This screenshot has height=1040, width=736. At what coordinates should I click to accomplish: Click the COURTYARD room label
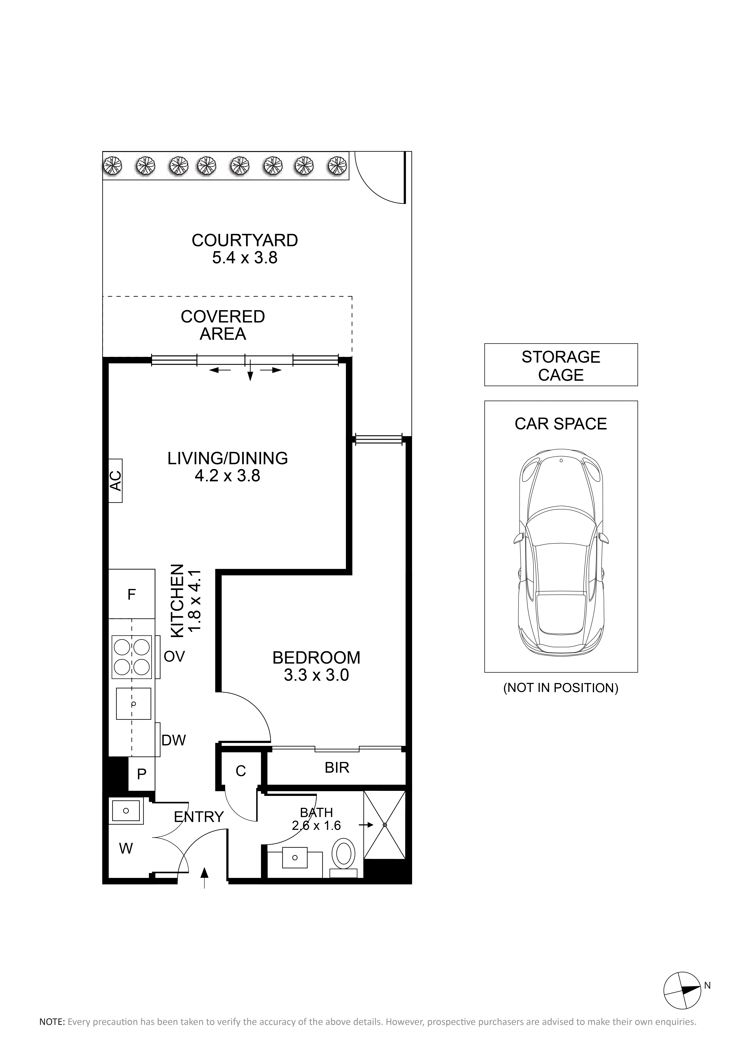tap(245, 240)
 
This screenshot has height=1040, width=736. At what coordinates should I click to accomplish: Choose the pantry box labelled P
tap(141, 774)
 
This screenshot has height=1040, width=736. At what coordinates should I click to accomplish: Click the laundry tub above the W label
tap(126, 810)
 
